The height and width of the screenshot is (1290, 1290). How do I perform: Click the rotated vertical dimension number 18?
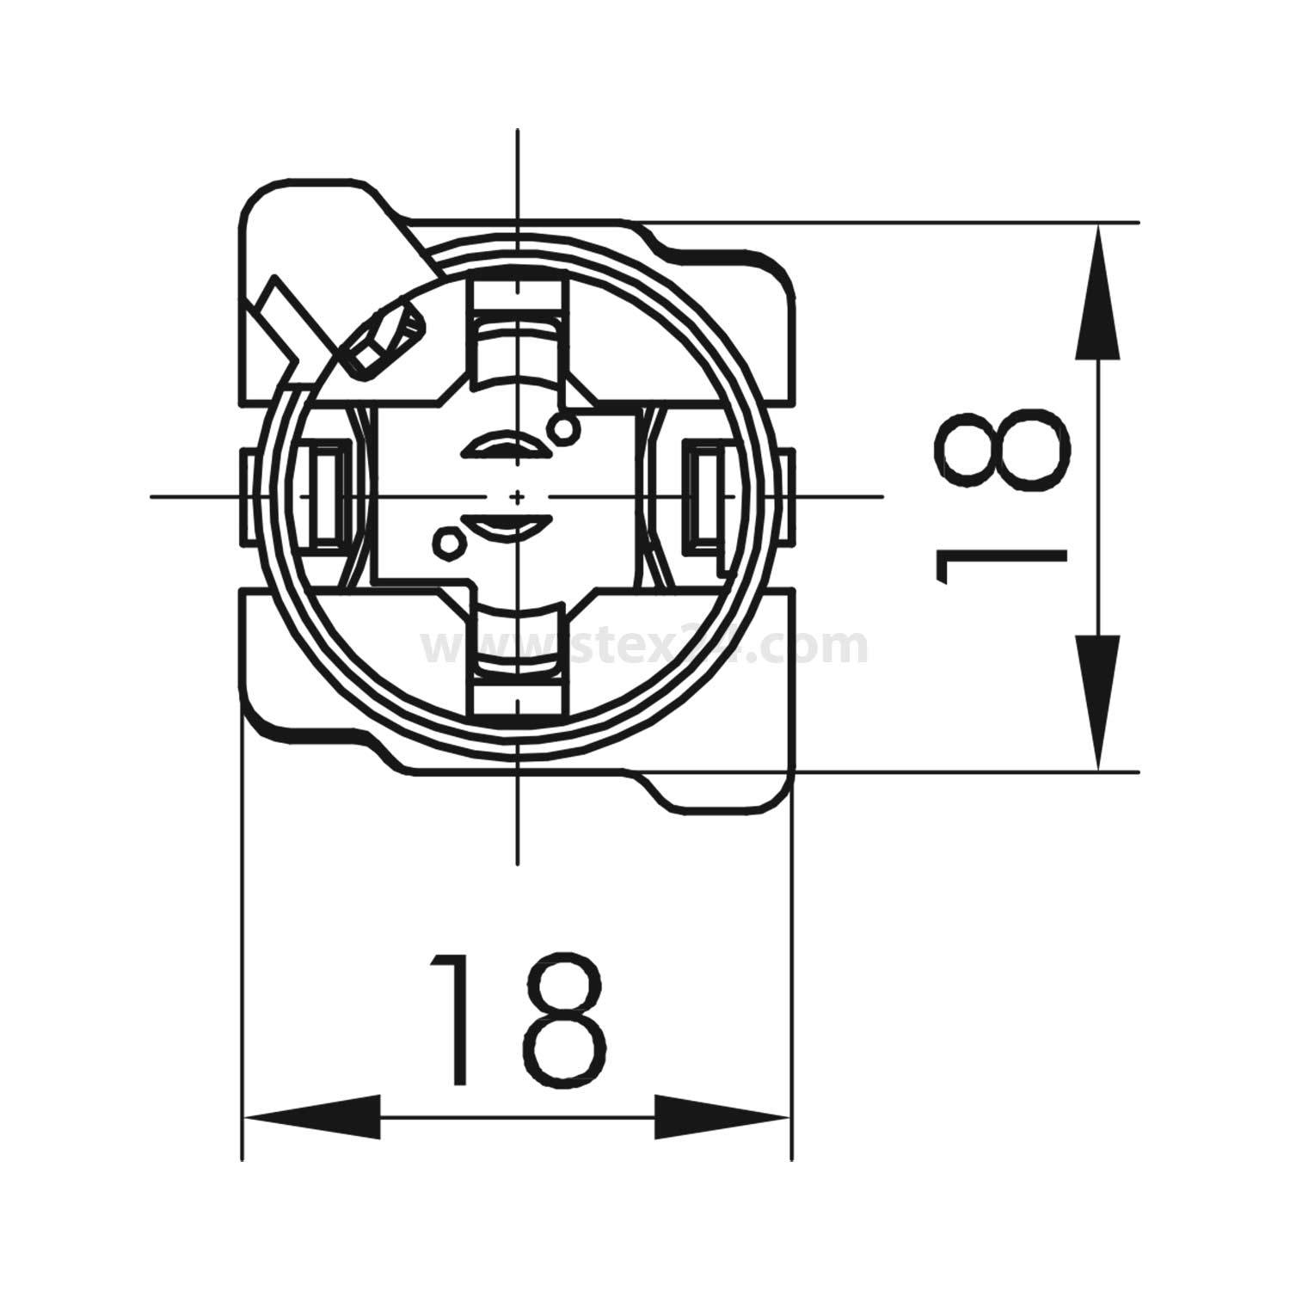pos(1002,497)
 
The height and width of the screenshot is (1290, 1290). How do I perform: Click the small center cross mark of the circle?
pos(517,497)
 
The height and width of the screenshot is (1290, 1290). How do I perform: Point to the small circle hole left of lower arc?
pos(448,541)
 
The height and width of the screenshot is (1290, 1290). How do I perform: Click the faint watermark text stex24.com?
pos(645,647)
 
